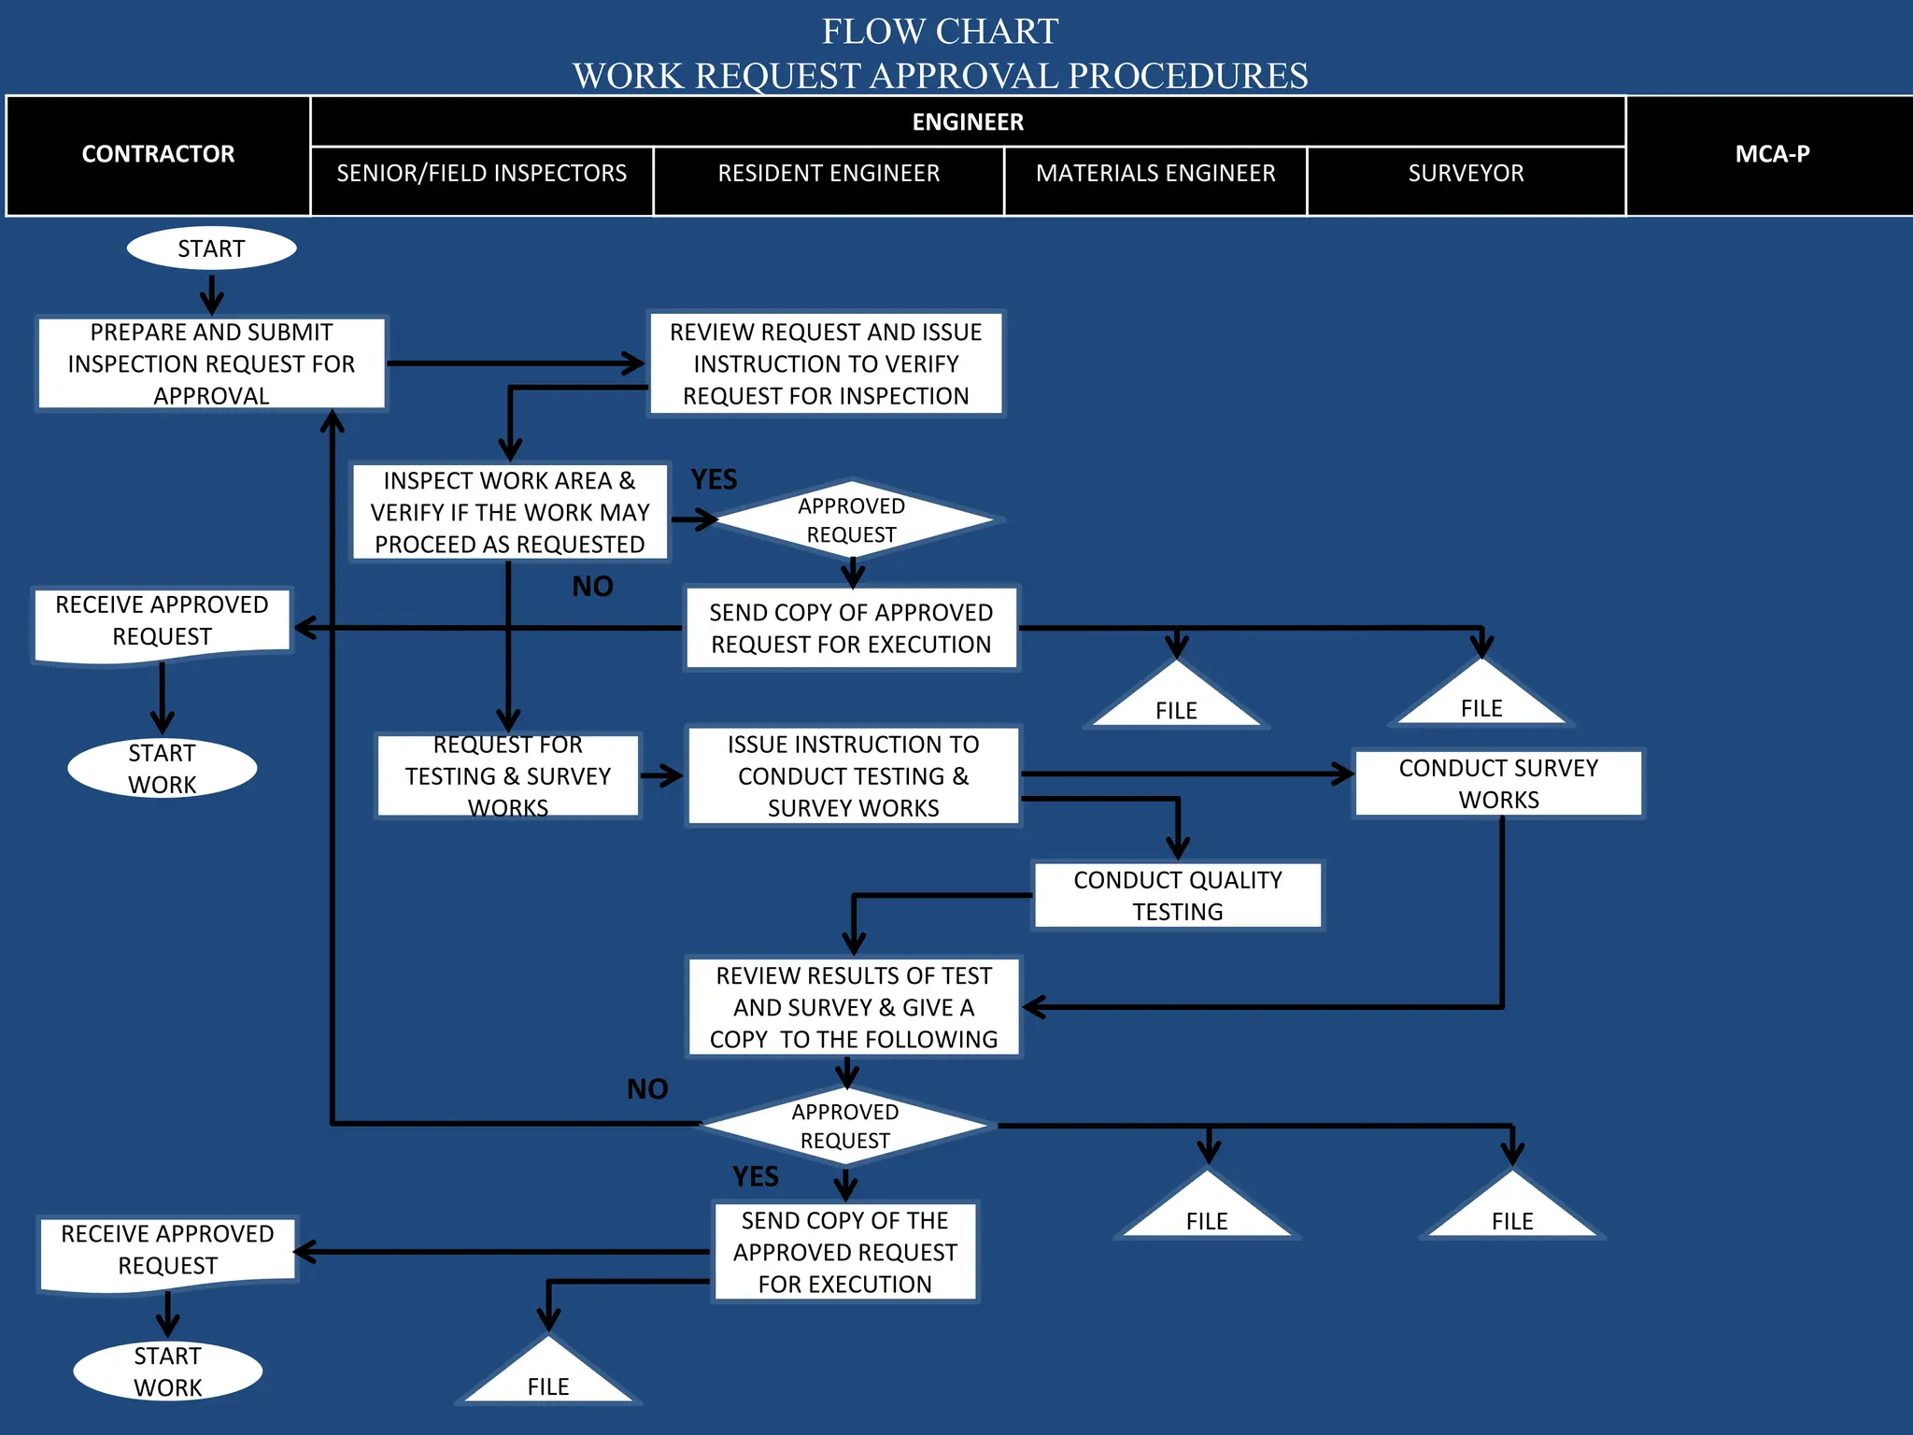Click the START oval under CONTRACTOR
[211, 249]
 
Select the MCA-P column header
[1771, 155]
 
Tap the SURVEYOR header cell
[1466, 174]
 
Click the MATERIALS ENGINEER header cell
[1155, 174]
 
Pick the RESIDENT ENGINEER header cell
[829, 174]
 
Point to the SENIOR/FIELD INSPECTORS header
[481, 174]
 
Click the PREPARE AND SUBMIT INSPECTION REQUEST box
[211, 363]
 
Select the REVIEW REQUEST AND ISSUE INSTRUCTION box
[826, 363]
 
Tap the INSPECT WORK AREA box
[509, 512]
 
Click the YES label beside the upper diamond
[714, 480]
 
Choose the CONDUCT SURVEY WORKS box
[1498, 784]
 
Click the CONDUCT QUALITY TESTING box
[1177, 895]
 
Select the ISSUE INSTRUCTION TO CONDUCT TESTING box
[853, 775]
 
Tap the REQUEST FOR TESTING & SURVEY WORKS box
[507, 775]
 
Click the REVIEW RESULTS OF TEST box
[853, 1007]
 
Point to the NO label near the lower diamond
[646, 1089]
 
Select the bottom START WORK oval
[167, 1371]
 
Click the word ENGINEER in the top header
[968, 122]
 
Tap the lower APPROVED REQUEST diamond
[844, 1126]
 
